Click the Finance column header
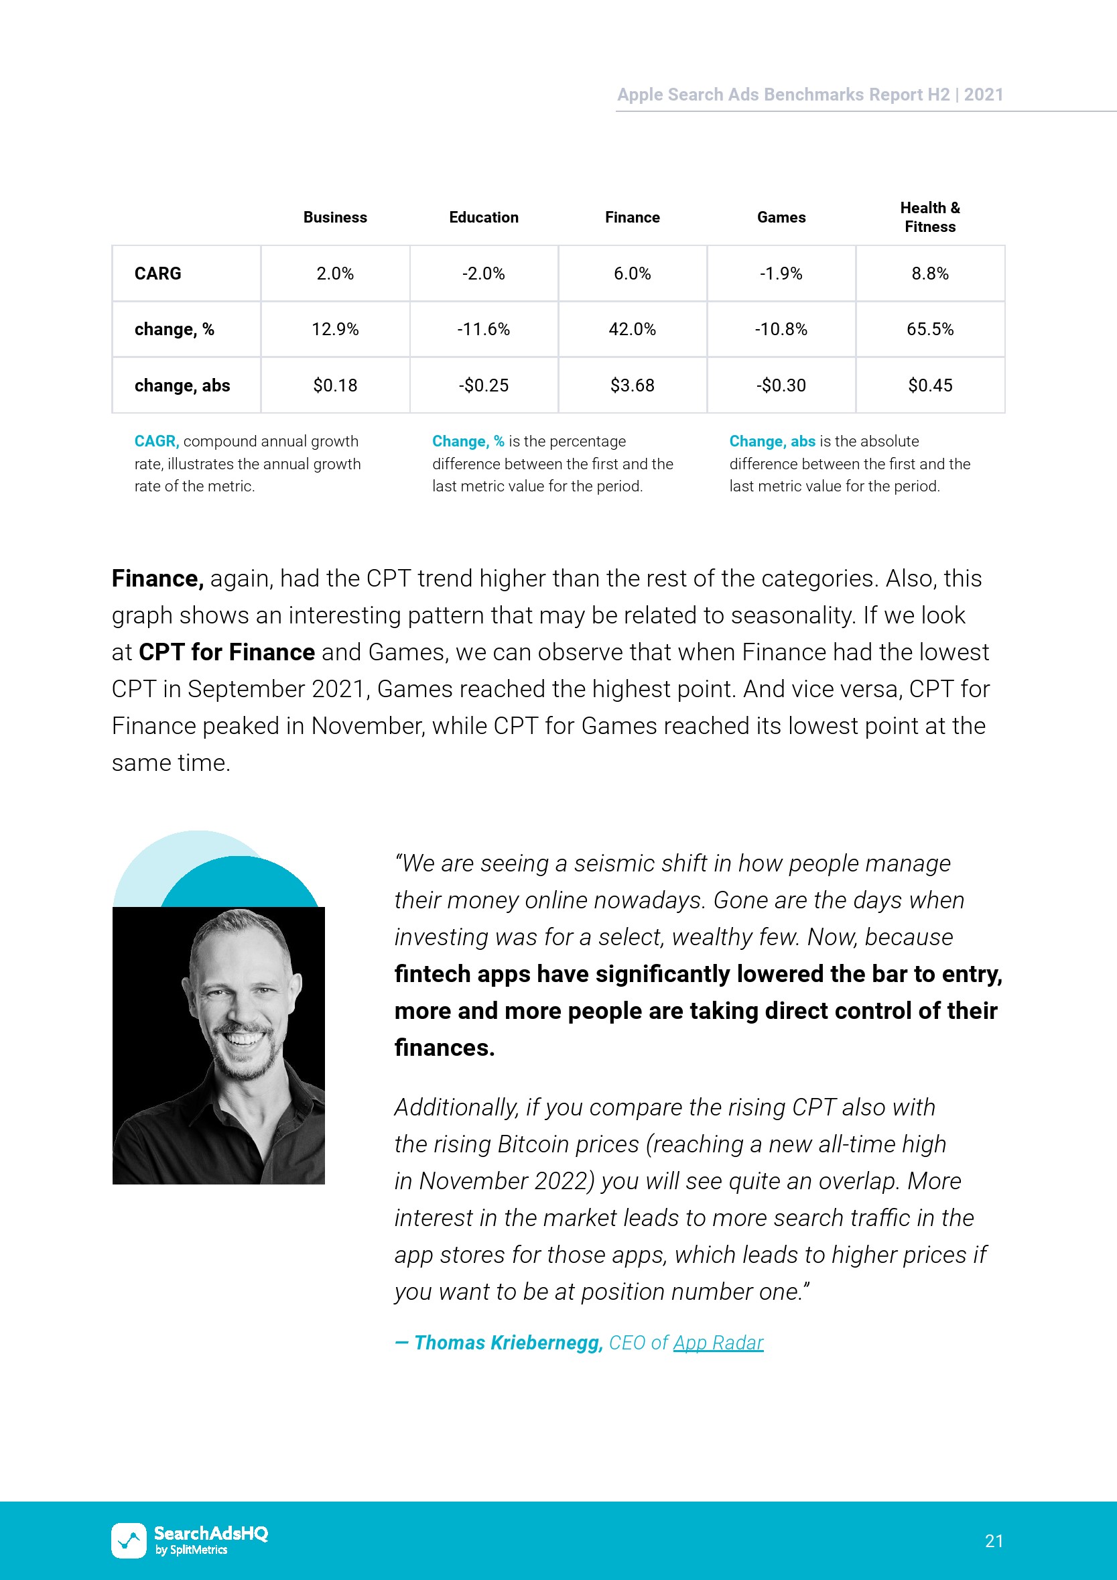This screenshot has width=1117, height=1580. tap(632, 217)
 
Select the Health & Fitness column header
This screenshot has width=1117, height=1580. tap(930, 217)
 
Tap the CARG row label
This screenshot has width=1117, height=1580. tap(157, 274)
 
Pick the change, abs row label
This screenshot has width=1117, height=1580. tap(182, 385)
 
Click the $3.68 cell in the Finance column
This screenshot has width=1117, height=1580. tap(632, 385)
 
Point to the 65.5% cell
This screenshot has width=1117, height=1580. tap(930, 330)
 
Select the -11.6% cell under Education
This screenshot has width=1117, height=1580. tap(484, 330)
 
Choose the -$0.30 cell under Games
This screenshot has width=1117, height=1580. tap(781, 385)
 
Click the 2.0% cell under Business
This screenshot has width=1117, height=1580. tap(335, 274)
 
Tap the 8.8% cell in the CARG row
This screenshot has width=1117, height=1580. tap(930, 274)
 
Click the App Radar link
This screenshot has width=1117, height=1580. tap(718, 1343)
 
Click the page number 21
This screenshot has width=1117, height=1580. tap(994, 1540)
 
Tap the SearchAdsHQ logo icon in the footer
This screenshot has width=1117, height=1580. tap(129, 1540)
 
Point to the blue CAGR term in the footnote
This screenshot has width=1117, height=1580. tap(156, 441)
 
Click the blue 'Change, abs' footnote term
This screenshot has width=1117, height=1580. tap(772, 441)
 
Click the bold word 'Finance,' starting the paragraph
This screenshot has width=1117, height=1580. tap(157, 579)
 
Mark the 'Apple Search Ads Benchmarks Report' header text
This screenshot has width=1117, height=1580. tap(783, 95)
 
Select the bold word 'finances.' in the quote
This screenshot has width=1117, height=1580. tap(444, 1047)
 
